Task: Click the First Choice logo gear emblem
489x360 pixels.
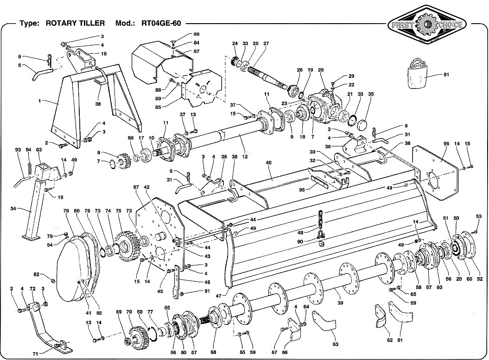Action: coord(426,25)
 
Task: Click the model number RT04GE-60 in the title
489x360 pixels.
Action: coord(161,23)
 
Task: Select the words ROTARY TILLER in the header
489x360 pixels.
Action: coord(75,23)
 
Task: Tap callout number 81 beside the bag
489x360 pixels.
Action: coord(446,75)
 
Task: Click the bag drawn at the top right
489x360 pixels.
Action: coord(417,74)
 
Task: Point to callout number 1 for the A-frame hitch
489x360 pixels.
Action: coord(39,101)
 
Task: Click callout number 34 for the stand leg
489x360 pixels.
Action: coord(13,208)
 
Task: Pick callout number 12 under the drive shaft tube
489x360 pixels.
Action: coord(245,157)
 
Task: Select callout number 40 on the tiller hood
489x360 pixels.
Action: coord(268,163)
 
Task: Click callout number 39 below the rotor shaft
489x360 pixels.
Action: coord(340,303)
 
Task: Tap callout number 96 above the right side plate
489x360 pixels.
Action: coord(446,144)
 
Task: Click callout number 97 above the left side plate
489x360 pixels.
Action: coord(136,187)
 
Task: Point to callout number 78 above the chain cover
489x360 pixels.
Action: coord(66,211)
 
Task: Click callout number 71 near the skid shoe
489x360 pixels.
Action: coord(36,354)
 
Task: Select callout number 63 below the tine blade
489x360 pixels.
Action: coord(335,344)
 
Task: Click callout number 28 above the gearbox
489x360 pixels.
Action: coord(321,70)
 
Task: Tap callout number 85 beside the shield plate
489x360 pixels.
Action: coord(158,107)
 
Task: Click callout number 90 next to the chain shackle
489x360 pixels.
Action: coord(300,241)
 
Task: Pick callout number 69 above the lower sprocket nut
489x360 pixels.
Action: coord(119,312)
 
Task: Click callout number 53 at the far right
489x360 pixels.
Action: coord(479,216)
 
